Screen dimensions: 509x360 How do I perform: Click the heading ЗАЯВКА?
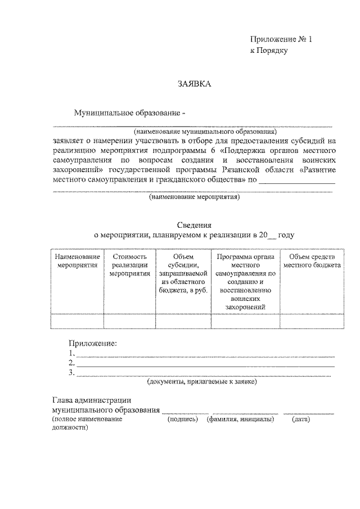click(x=194, y=84)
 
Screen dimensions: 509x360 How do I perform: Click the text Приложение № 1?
click(x=280, y=39)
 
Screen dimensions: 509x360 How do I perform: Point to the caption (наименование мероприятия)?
click(x=195, y=197)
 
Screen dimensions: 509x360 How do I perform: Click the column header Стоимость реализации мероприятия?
click(x=129, y=265)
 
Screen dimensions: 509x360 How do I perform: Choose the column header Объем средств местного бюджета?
click(x=312, y=261)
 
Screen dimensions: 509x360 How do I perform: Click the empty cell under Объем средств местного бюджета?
click(x=312, y=321)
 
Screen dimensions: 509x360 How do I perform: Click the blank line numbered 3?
click(x=203, y=373)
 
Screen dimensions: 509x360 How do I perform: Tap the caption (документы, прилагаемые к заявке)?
click(x=202, y=382)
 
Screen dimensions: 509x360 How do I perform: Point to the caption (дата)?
click(x=301, y=420)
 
